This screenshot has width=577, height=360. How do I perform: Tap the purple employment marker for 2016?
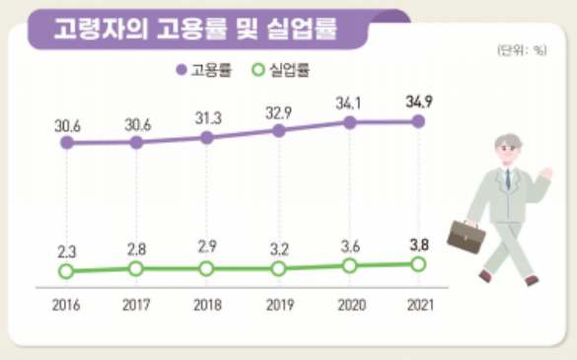coord(66,143)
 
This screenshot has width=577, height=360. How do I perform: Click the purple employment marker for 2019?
coord(278,130)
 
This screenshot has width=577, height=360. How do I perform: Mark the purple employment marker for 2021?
coord(418,121)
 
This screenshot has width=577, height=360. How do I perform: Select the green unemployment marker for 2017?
coord(136,268)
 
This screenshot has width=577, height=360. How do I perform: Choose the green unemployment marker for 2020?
coord(348,265)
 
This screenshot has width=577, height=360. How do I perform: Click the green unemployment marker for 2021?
coord(418,263)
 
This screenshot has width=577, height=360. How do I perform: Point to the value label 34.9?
coord(419,101)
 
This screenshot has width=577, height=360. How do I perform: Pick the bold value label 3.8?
coord(418,244)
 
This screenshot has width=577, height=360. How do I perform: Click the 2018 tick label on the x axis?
coord(207,307)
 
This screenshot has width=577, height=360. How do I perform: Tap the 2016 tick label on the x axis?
coord(66,307)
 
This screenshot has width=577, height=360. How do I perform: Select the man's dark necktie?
coord(508,179)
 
